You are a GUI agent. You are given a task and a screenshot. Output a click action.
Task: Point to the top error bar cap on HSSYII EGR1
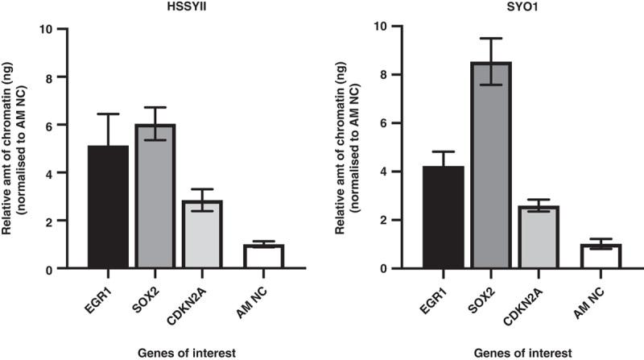pyautogui.click(x=108, y=114)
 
